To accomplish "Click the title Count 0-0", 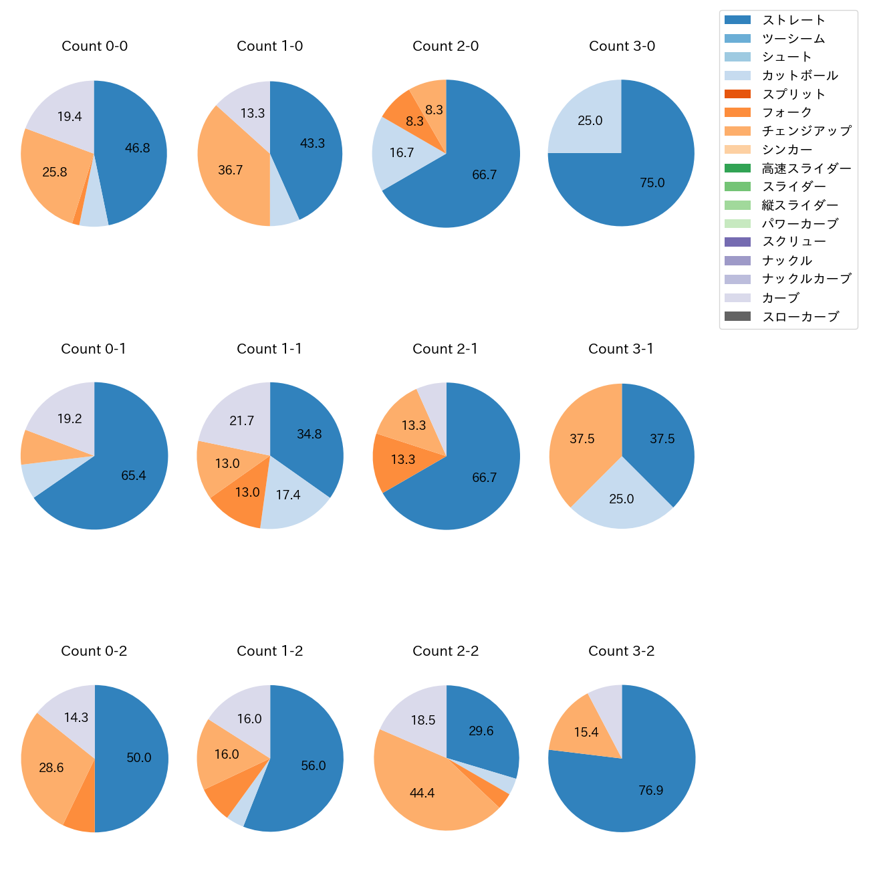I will pyautogui.click(x=94, y=46).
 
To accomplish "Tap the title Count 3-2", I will pyautogui.click(x=621, y=651).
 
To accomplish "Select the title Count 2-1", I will pyautogui.click(x=445, y=349).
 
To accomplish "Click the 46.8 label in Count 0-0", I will pyautogui.click(x=138, y=148).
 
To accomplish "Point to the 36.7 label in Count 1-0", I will pyautogui.click(x=230, y=170).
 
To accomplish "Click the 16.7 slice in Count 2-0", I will pyautogui.click(x=402, y=153).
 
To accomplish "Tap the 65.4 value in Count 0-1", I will pyautogui.click(x=134, y=476).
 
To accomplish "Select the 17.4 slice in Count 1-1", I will pyautogui.click(x=288, y=495).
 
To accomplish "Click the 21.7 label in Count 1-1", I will pyautogui.click(x=241, y=421).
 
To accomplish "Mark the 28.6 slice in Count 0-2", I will pyautogui.click(x=51, y=768).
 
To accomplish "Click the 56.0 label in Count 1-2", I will pyautogui.click(x=313, y=766).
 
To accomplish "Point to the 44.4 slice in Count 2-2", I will pyautogui.click(x=422, y=793).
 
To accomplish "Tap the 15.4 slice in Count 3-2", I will pyautogui.click(x=586, y=733).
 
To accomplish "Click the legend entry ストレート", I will pyautogui.click(x=793, y=20).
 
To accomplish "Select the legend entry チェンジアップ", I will pyautogui.click(x=806, y=131).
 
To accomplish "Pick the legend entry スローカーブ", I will pyautogui.click(x=800, y=317).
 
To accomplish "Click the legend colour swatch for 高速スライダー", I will pyautogui.click(x=737, y=168).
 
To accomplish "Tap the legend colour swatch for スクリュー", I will pyautogui.click(x=737, y=242).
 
